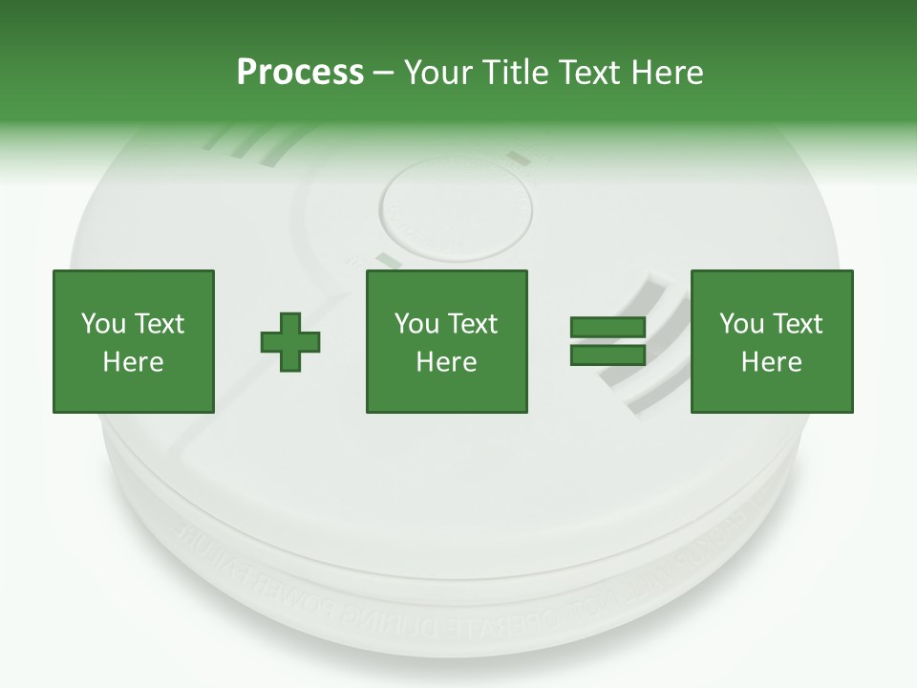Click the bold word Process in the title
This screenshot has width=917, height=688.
click(x=300, y=73)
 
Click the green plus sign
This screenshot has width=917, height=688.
click(x=290, y=342)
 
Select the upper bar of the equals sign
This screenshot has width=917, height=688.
click(x=608, y=328)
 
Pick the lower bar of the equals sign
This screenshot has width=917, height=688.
click(x=608, y=355)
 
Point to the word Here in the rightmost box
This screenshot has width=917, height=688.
click(x=772, y=362)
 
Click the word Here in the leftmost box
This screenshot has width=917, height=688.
click(x=134, y=362)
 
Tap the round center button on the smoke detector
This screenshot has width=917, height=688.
click(x=457, y=207)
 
